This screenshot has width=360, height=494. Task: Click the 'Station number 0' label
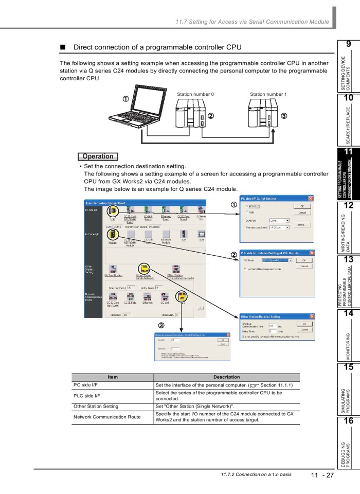click(195, 94)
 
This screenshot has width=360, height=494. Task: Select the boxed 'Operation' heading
click(98, 156)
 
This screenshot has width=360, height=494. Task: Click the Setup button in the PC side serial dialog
click(303, 225)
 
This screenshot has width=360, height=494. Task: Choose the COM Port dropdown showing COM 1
click(279, 220)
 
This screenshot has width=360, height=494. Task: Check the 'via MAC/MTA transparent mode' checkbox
click(244, 269)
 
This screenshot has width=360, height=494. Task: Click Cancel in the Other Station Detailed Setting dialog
click(304, 329)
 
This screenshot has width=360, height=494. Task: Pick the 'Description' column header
click(226, 377)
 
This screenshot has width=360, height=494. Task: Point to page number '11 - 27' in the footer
click(321, 475)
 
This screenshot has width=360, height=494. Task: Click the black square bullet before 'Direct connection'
click(63, 47)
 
